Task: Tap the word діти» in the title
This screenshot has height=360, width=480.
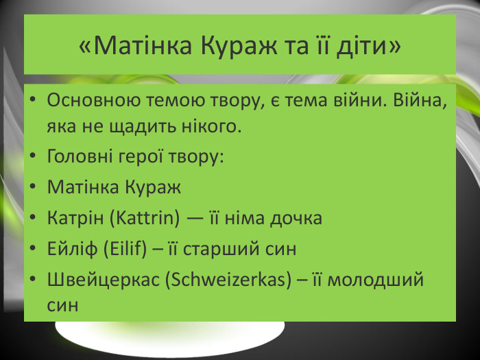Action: click(x=369, y=46)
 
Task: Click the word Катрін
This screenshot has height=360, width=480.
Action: click(x=75, y=218)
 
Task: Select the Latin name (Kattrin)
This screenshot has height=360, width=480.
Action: click(x=145, y=218)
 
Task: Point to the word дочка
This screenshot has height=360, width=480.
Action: click(x=296, y=219)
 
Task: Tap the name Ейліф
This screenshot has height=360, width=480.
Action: click(x=72, y=248)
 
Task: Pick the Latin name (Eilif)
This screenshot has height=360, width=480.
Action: click(x=125, y=248)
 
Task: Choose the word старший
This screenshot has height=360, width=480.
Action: click(x=221, y=249)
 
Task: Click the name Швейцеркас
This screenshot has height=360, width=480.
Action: click(x=104, y=280)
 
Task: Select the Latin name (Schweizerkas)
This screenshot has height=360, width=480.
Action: click(x=228, y=279)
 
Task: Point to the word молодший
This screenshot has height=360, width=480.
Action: click(x=376, y=280)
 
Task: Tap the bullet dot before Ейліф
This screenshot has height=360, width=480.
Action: click(x=33, y=248)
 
